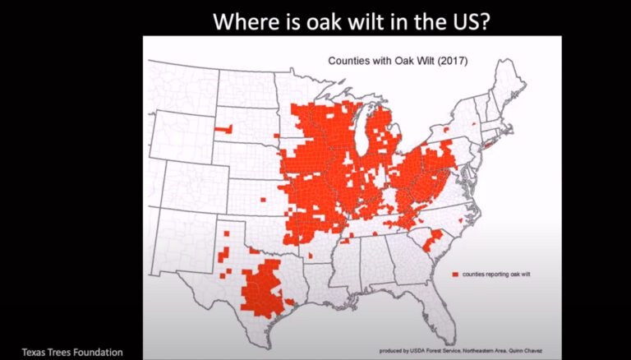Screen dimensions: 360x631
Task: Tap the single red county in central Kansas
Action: tap(262, 200)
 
